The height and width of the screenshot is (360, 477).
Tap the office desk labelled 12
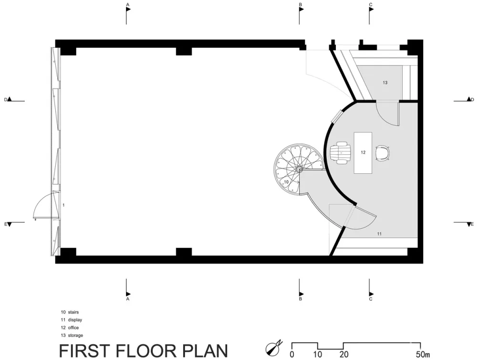[363, 153]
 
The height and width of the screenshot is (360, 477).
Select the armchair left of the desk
[341, 153]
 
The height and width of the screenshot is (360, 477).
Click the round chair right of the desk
[383, 153]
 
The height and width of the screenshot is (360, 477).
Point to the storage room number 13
[385, 83]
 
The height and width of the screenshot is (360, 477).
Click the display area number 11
[379, 234]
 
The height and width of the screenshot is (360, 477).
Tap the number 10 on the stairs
[286, 182]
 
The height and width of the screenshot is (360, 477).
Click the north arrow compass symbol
[274, 348]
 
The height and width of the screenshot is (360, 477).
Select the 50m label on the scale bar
[423, 355]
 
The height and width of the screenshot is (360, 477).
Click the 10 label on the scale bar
[318, 355]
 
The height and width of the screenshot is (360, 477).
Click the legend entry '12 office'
[70, 328]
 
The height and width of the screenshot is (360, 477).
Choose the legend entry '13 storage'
[72, 335]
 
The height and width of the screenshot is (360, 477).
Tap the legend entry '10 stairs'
[70, 312]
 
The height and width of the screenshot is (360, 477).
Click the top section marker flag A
[128, 9]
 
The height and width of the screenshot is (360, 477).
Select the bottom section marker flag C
[372, 294]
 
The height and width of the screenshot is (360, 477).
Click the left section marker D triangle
[10, 99]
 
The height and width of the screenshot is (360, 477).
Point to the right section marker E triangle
[469, 224]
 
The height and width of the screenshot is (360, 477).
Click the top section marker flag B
[301, 9]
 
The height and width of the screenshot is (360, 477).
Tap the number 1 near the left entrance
[63, 205]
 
